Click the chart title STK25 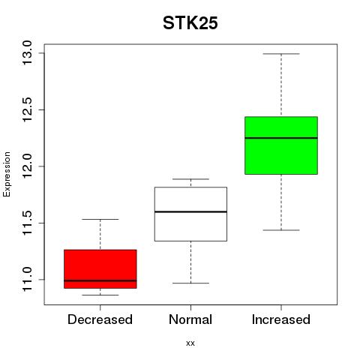pos(190,23)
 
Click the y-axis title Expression pos(7,174)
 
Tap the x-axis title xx pos(190,343)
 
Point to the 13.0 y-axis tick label pos(27,53)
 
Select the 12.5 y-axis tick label pos(27,109)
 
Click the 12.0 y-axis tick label pos(27,166)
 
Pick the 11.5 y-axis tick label pos(27,223)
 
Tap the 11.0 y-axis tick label pos(27,280)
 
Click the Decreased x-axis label pos(100,319)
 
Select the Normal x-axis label pos(190,319)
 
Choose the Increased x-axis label pos(281,319)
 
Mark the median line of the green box pos(281,138)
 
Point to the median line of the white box pos(190,211)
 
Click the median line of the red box pos(100,280)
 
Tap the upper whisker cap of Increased pos(281,54)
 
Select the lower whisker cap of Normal pos(190,283)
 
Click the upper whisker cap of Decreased pos(100,219)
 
